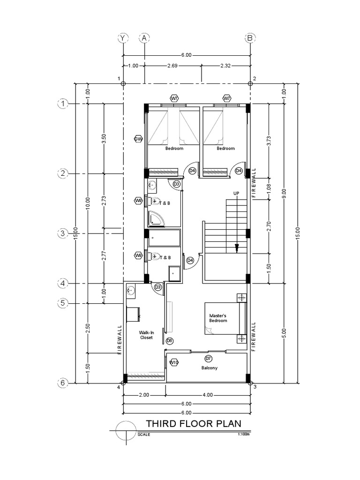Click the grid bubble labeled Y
pos(123,37)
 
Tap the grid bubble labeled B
pos(250,37)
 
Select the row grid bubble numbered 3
pos(63,233)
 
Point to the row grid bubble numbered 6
pos(63,383)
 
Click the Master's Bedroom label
pos(218,318)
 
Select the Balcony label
pos(210,368)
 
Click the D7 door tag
pos(209,359)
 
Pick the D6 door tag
pos(169,341)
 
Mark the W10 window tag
pos(174,362)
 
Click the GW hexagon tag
pos(138,139)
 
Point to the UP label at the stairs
pos(236,193)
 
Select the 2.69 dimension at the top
pos(173,66)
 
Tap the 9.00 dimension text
pos(284,193)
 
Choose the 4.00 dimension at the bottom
pos(207,395)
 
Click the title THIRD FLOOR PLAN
pos(194,424)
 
